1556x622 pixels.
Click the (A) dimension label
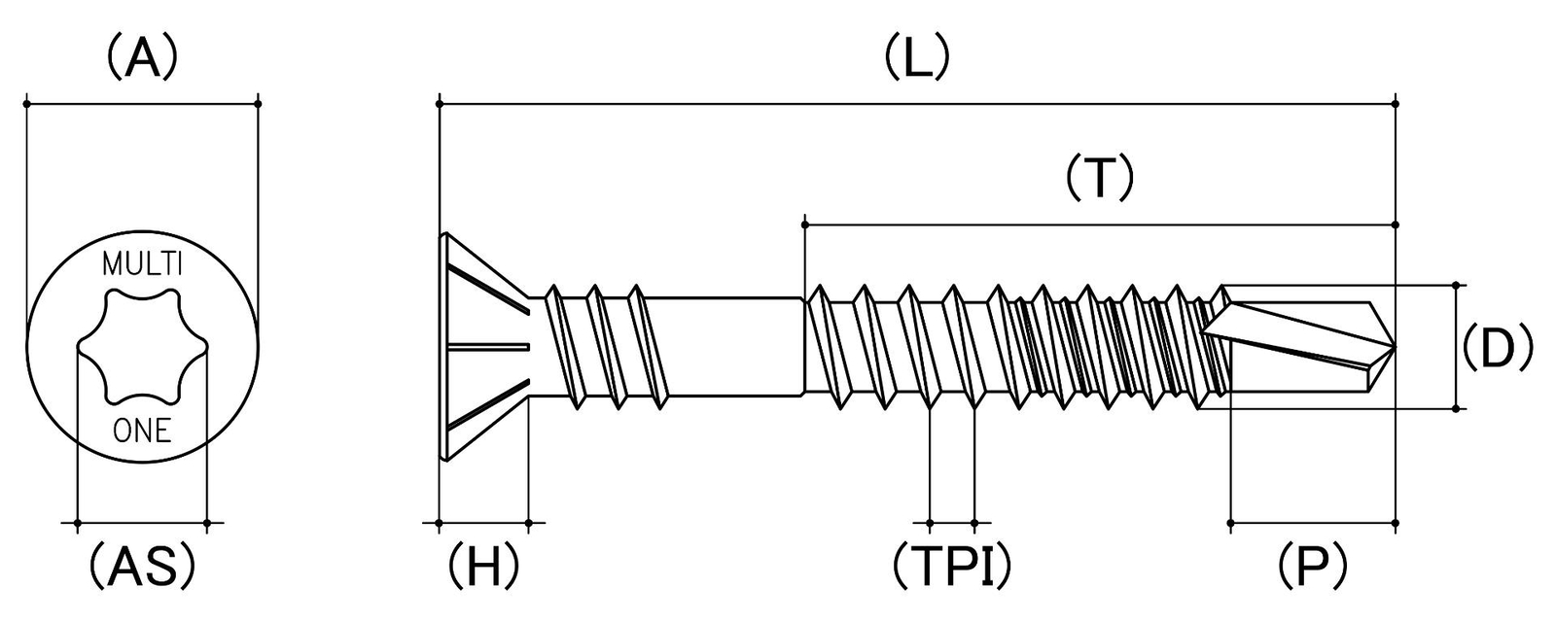142,57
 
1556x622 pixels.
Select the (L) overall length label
917,57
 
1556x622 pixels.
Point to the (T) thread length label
1100,178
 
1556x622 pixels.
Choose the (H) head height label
483,566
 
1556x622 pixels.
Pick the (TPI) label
952,566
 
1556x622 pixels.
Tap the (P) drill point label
1312,566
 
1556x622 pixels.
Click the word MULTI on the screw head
142,264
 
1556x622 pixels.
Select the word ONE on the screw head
142,432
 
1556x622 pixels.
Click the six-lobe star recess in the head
142,346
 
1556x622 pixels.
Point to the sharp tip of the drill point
1395,346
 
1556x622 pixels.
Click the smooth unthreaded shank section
729,346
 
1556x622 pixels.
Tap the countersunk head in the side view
485,346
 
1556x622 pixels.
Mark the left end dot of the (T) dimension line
804,225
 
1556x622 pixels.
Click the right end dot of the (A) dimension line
259,103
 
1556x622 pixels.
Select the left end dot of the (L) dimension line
439,103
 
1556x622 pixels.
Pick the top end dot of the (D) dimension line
1456,285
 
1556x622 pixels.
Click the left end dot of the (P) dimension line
1230,523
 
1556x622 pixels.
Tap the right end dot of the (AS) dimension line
207,523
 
